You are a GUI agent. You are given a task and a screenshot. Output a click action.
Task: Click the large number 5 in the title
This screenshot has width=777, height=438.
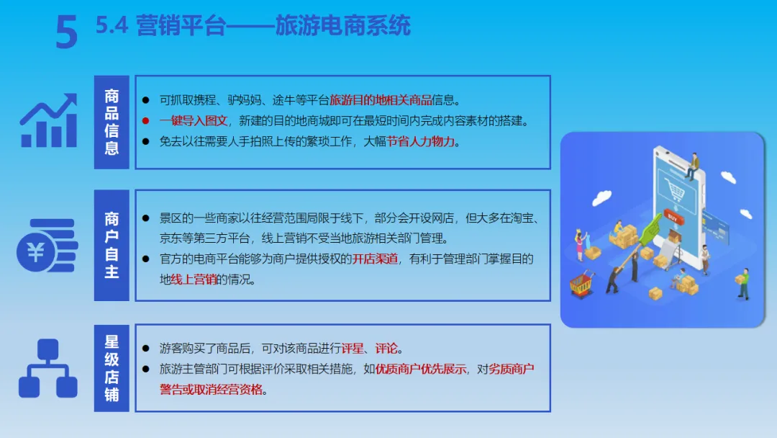point(67,31)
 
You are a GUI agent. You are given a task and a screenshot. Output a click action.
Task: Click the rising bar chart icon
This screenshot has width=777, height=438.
point(49,120)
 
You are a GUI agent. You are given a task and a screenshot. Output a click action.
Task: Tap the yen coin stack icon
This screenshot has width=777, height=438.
point(47,246)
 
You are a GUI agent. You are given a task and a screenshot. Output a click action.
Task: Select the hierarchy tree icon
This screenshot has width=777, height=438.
point(48,368)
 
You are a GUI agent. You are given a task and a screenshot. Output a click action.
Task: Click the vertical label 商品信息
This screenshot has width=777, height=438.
point(112,122)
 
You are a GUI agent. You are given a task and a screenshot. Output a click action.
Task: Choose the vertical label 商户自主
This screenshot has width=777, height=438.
point(112,245)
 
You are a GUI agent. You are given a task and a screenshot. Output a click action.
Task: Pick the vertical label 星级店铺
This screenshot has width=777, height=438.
point(112,368)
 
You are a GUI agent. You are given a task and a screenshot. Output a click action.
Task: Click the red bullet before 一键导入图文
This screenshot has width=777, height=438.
point(145,120)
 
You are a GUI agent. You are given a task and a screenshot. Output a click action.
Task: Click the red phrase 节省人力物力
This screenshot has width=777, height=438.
point(421,141)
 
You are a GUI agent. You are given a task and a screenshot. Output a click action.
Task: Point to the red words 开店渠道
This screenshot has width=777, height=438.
point(375,259)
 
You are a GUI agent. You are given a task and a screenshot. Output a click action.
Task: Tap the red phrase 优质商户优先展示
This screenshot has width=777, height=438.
point(421,369)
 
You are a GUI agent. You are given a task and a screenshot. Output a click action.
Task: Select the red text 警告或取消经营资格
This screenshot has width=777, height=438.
point(211,390)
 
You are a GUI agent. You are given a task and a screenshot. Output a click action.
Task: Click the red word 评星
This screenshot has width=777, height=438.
point(353,348)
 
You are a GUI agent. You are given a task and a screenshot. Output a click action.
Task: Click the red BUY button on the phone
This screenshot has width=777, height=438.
point(673,218)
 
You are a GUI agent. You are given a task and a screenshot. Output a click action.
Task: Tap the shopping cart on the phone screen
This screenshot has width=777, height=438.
point(675,190)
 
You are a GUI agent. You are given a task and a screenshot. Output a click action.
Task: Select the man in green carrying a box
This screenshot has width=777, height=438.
point(742,284)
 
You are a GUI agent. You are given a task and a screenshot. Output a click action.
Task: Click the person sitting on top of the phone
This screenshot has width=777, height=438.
point(693,166)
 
